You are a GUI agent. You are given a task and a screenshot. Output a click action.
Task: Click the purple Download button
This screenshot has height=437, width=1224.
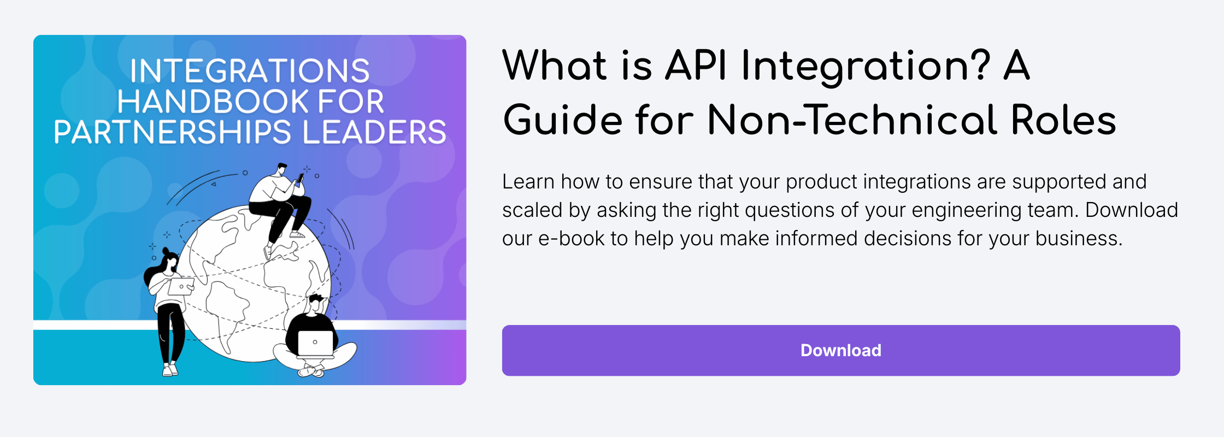click(840, 350)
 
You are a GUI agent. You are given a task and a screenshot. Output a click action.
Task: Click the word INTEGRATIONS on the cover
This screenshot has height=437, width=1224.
click(250, 71)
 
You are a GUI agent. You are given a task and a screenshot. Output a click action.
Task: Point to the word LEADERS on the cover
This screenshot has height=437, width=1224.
click(374, 132)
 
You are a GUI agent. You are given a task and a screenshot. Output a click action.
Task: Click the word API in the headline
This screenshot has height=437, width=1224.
click(696, 66)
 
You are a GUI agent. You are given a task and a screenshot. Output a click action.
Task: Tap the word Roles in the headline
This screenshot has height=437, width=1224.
click(1063, 120)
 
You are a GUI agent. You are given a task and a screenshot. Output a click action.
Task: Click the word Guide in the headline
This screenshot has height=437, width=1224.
click(563, 120)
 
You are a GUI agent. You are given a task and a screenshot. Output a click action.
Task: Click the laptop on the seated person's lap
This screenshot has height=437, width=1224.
click(315, 343)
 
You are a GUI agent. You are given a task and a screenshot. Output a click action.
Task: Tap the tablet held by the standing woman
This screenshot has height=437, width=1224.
click(181, 286)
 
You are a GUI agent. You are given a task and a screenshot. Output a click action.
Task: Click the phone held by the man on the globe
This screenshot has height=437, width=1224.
click(300, 178)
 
